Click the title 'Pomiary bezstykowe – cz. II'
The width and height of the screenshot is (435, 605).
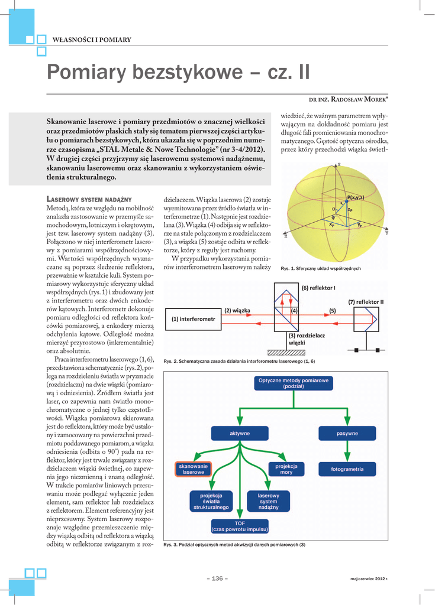[178, 73]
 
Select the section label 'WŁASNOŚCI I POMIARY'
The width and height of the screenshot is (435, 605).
[92, 40]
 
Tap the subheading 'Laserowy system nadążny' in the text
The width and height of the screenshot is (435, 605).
[89, 199]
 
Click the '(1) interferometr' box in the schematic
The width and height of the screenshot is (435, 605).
[194, 319]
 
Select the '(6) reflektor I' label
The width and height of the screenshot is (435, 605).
[318, 288]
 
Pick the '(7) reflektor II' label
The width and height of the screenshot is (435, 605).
[366, 302]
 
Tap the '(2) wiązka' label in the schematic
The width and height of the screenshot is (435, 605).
[237, 310]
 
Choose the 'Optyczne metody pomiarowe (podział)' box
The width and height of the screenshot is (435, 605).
[293, 383]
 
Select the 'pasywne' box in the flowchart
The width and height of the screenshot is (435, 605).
[347, 433]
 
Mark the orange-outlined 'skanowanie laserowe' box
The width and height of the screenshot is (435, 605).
[193, 469]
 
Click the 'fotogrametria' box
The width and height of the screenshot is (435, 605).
[347, 470]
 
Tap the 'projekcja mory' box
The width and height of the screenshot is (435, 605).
[286, 469]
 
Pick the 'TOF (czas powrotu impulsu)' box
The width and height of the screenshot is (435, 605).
[240, 526]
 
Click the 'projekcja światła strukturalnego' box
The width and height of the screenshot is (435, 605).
[211, 502]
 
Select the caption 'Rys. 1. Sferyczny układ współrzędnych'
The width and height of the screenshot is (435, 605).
[321, 269]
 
